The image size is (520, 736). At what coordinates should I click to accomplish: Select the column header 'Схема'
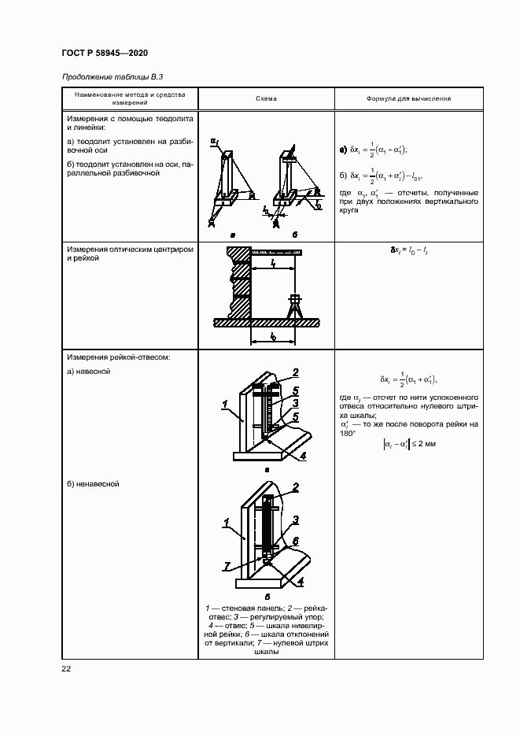[266, 99]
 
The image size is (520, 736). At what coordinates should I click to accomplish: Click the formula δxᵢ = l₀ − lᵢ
[408, 250]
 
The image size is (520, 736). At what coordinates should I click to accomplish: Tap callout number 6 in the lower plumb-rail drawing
[295, 541]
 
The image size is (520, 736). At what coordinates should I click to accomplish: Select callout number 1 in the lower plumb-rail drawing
[225, 522]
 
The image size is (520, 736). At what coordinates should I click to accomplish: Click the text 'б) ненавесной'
[93, 484]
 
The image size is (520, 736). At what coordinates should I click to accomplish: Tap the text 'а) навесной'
[88, 371]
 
